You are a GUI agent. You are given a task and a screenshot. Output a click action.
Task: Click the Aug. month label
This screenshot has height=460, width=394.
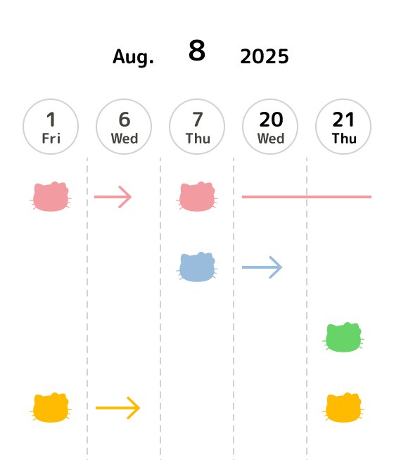(133, 57)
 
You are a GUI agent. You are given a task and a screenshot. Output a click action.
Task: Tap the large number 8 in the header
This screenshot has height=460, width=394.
(197, 50)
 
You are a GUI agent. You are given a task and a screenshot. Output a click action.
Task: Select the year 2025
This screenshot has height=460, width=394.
(265, 56)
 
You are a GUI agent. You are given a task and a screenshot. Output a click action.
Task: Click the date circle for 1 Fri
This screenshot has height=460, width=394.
(51, 127)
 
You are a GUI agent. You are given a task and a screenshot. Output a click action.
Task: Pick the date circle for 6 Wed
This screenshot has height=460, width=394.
(124, 127)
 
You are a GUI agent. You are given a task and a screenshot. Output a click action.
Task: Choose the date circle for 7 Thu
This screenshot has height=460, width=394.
(197, 127)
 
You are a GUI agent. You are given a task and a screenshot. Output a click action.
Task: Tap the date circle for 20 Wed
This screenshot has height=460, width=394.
(270, 127)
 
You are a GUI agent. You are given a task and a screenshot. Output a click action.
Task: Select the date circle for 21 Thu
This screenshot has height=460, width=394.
(343, 127)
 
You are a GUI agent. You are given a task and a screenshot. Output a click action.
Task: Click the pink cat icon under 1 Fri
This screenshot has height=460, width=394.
(51, 196)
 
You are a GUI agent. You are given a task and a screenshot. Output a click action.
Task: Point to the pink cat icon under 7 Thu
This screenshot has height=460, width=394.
(197, 196)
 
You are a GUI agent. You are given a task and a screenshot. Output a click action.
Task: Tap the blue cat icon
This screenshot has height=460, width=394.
(197, 267)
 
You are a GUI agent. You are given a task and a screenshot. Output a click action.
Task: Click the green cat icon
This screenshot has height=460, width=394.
(343, 338)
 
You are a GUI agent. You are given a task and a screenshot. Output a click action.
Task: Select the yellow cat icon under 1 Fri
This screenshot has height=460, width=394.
(51, 408)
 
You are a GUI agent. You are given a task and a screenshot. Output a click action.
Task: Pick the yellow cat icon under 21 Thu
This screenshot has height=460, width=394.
(343, 408)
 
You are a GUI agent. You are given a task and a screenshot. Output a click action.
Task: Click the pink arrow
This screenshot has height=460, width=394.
(113, 197)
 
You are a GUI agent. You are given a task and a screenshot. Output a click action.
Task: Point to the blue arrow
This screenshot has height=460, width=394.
(262, 267)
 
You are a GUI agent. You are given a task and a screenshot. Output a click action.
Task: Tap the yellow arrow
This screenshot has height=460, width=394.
(118, 408)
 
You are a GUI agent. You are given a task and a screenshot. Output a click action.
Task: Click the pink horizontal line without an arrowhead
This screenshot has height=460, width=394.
(307, 197)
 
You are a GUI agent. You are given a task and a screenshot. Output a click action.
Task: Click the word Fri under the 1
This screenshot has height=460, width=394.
(51, 139)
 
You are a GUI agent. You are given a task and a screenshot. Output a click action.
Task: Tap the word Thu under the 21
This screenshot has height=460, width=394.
(344, 139)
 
